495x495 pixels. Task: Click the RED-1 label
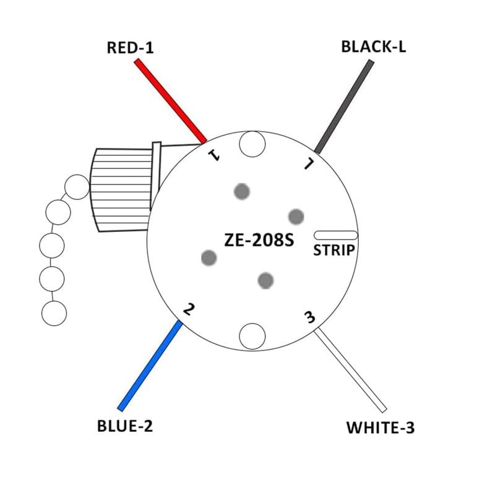130,48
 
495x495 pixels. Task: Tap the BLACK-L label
374,47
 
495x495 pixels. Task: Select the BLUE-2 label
125,426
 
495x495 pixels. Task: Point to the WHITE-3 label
380,427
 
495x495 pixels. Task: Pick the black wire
344,106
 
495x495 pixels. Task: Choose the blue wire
150,365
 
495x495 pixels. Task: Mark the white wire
350,371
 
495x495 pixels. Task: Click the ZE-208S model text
259,241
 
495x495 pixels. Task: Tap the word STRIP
334,251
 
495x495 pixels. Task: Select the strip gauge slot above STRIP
335,235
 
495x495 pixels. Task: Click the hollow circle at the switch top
252,144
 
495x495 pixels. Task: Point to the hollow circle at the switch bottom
252,336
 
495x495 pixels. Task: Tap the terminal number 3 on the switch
309,317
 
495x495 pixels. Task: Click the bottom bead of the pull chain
54,313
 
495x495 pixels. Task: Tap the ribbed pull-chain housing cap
121,189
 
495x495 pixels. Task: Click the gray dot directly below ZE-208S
265,280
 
